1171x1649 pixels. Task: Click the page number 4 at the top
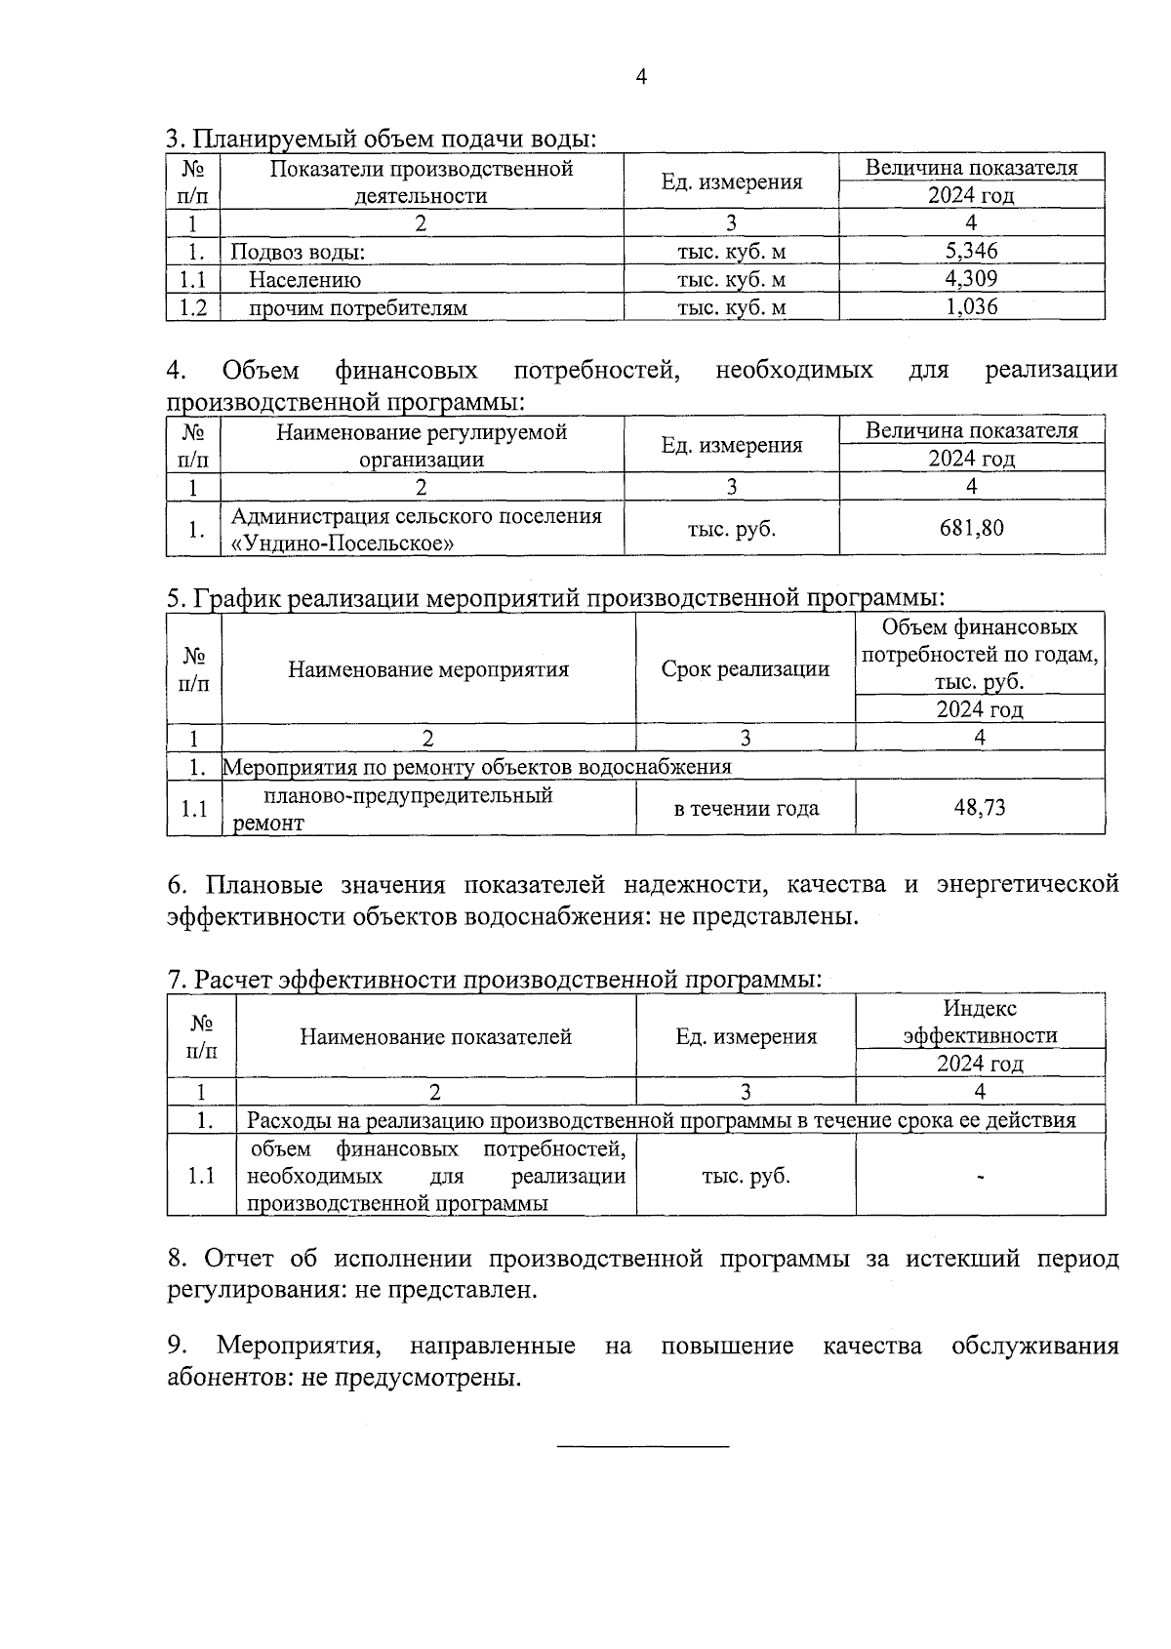coord(640,77)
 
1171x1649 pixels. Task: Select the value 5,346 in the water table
coord(971,251)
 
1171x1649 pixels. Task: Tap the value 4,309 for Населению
coord(971,279)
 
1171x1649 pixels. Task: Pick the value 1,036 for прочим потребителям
coord(971,307)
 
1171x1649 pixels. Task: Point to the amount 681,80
coord(971,528)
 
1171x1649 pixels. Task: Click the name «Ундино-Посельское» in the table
coord(342,543)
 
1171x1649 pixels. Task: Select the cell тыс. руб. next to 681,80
coord(731,529)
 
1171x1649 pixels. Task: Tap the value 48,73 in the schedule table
coord(979,807)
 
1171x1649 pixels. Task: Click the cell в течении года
coord(746,808)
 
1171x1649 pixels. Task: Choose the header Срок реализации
coord(746,669)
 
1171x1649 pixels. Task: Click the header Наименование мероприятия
coord(427,669)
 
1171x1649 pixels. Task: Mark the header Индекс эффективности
coord(980,1022)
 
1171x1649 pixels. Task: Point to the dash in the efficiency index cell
coord(980,1178)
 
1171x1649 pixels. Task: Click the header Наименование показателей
coord(435,1037)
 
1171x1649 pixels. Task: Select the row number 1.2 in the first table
coord(193,308)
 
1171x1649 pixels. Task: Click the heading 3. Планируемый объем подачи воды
coord(381,139)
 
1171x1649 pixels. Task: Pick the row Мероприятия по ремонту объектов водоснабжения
coord(478,767)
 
